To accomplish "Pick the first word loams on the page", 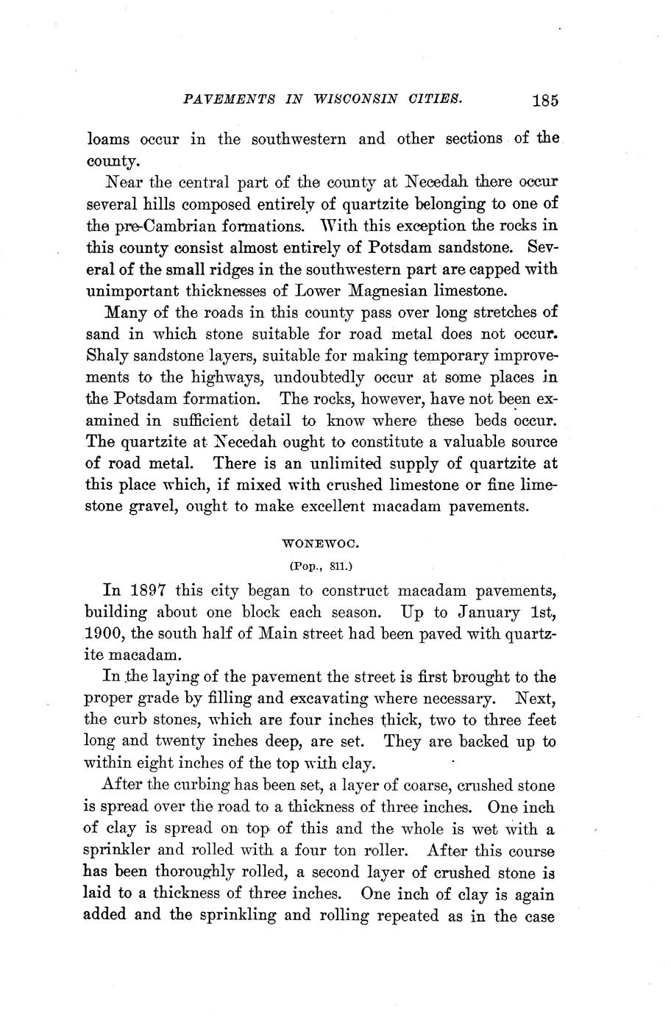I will [x=108, y=139].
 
